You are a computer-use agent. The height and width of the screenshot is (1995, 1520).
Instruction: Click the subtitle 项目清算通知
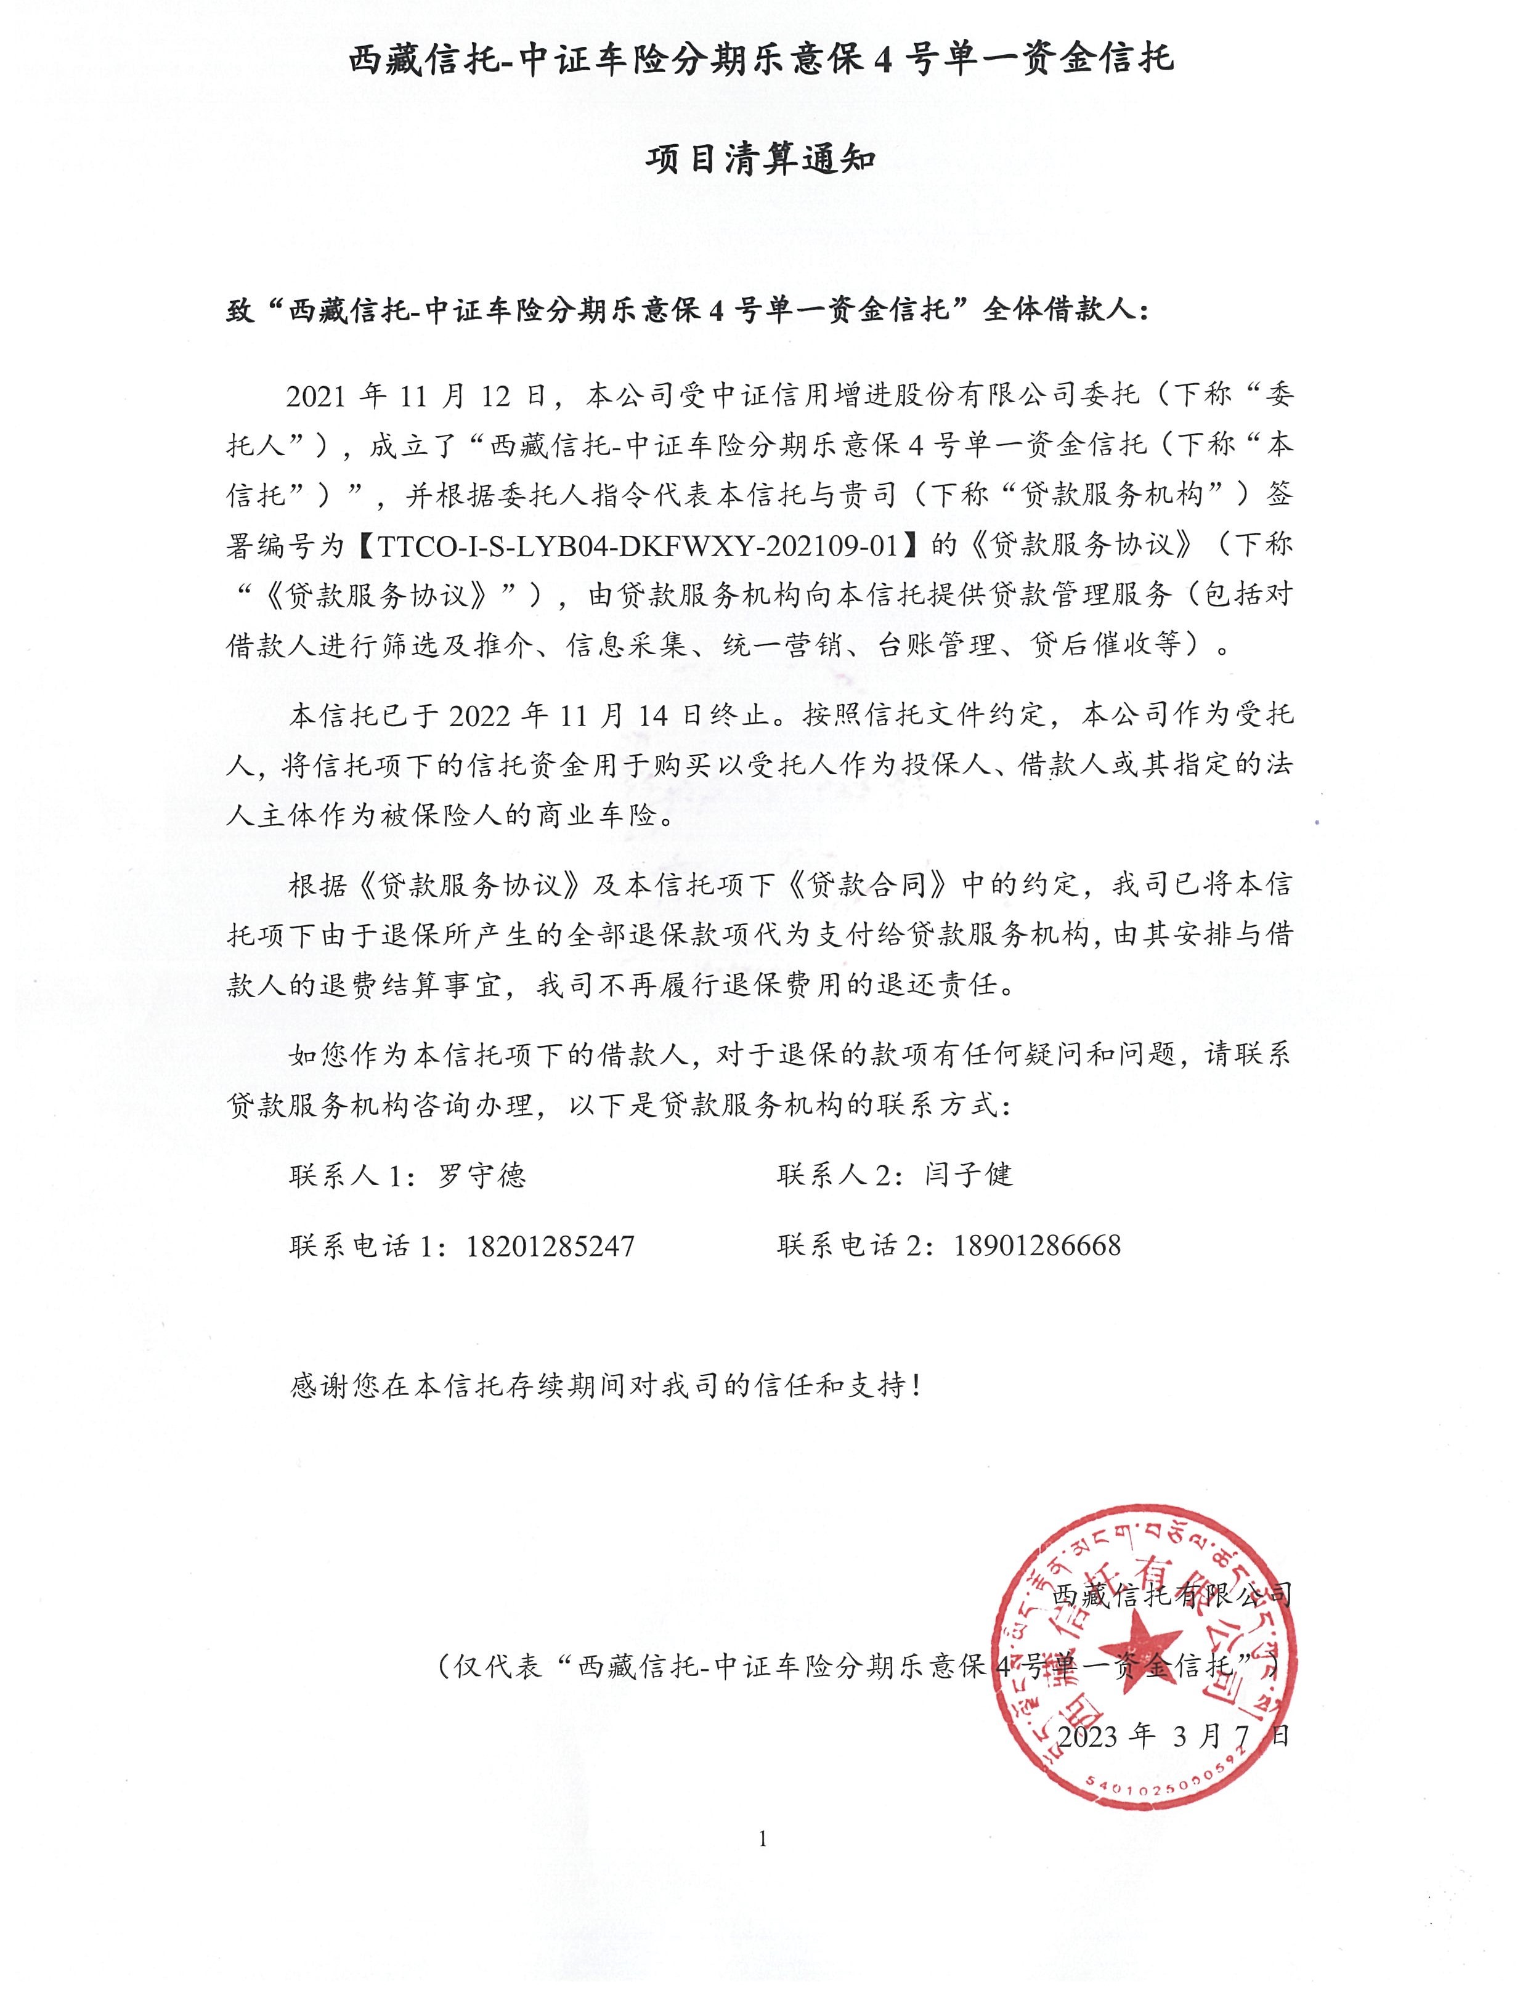coord(760,160)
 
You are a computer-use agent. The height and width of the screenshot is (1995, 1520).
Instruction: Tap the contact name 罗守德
coord(481,1175)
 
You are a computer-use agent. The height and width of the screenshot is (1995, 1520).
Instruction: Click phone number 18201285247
coord(550,1246)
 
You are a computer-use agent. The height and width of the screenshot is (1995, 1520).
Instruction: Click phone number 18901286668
coord(1037,1246)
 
